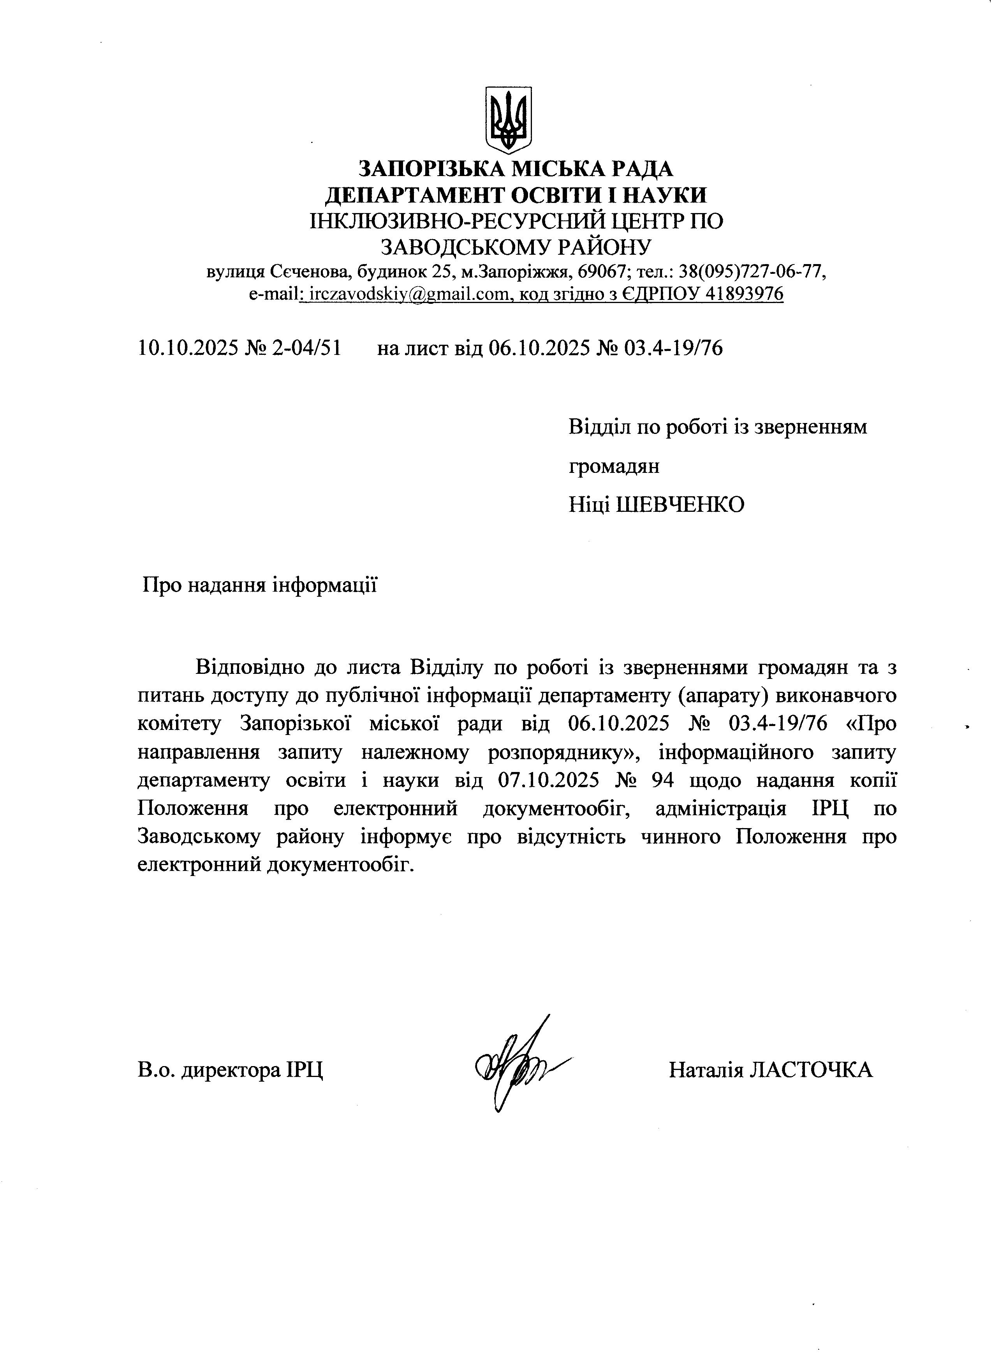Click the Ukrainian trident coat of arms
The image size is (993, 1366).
coord(508,119)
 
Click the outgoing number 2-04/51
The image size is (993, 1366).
coord(306,348)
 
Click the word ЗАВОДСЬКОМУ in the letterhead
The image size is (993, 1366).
coord(467,246)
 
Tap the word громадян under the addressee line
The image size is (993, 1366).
coord(614,465)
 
